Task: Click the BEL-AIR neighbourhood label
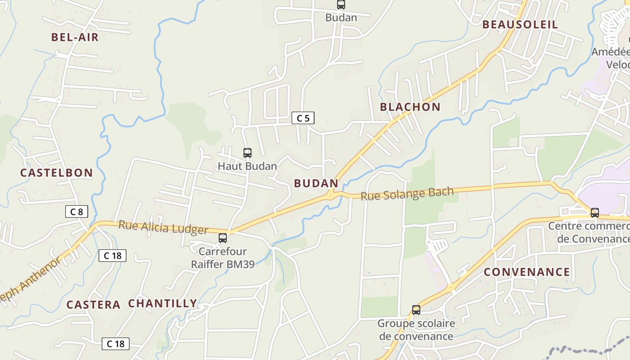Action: (75, 37)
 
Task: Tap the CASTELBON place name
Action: (57, 173)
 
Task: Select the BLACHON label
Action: (410, 107)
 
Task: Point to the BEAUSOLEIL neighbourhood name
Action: (520, 25)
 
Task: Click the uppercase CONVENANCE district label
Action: (527, 272)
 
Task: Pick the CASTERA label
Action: (94, 305)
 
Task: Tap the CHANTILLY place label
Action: (163, 303)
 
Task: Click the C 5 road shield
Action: (303, 118)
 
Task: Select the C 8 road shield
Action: (76, 211)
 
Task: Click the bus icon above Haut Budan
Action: (247, 153)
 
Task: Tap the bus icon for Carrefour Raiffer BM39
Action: (223, 238)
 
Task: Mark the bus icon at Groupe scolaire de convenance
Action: (416, 310)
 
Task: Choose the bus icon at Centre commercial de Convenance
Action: (595, 213)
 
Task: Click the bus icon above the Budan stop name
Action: (341, 5)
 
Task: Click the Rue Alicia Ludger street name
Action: (163, 228)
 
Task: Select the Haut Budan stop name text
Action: (247, 166)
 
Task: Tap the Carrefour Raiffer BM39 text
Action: (223, 258)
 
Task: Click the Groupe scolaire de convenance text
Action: (416, 330)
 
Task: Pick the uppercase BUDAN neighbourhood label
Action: (316, 183)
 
